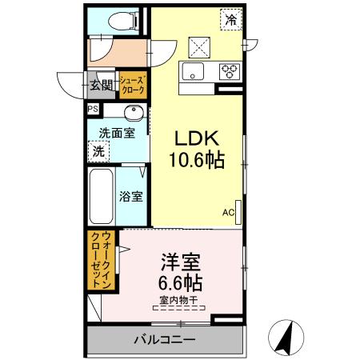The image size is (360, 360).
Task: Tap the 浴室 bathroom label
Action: coord(130,196)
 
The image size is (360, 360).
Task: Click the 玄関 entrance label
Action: coord(101,82)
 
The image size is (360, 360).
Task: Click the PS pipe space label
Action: coord(92,108)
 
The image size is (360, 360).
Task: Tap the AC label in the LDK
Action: coord(227,212)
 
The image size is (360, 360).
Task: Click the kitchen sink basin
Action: coord(194,70)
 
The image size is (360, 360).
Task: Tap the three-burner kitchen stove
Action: coord(230,70)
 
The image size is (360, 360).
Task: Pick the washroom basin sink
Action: coord(133,111)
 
